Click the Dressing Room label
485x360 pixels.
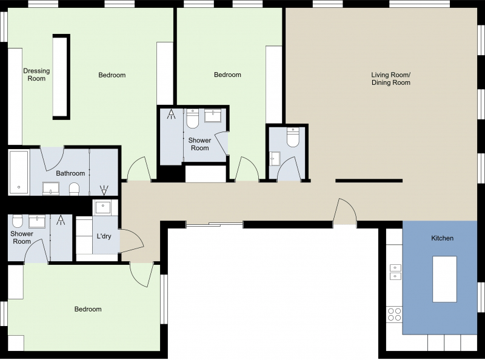(36, 75)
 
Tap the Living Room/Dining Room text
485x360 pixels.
(390, 79)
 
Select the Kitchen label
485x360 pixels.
(442, 238)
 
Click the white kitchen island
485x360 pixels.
(444, 279)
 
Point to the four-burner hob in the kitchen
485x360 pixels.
(394, 314)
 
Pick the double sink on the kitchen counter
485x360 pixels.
(395, 272)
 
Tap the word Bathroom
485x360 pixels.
(70, 173)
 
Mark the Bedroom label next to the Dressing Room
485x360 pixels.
(112, 75)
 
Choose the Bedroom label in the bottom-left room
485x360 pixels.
(88, 309)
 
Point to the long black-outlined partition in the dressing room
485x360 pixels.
(61, 76)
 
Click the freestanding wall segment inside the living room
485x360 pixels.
(369, 181)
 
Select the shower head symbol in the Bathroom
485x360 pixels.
(103, 190)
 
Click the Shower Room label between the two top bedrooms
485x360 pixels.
(199, 144)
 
